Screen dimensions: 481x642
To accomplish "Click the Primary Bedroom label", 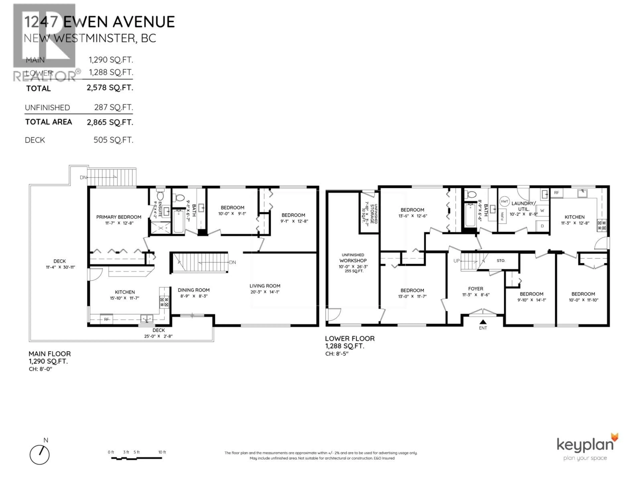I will coord(119,217).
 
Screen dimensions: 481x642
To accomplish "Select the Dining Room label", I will coord(194,290).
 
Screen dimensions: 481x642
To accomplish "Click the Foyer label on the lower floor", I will coord(475,289).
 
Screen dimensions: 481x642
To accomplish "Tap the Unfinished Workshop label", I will coord(353,258).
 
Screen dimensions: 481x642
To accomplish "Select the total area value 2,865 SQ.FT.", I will coord(110,122).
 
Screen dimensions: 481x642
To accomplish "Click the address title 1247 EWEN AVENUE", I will coord(99,22).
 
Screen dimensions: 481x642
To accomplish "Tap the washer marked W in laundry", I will coord(542,210).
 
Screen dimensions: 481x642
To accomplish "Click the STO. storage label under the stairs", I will coord(501,261).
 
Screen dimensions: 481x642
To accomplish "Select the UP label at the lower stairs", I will coord(457,261).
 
